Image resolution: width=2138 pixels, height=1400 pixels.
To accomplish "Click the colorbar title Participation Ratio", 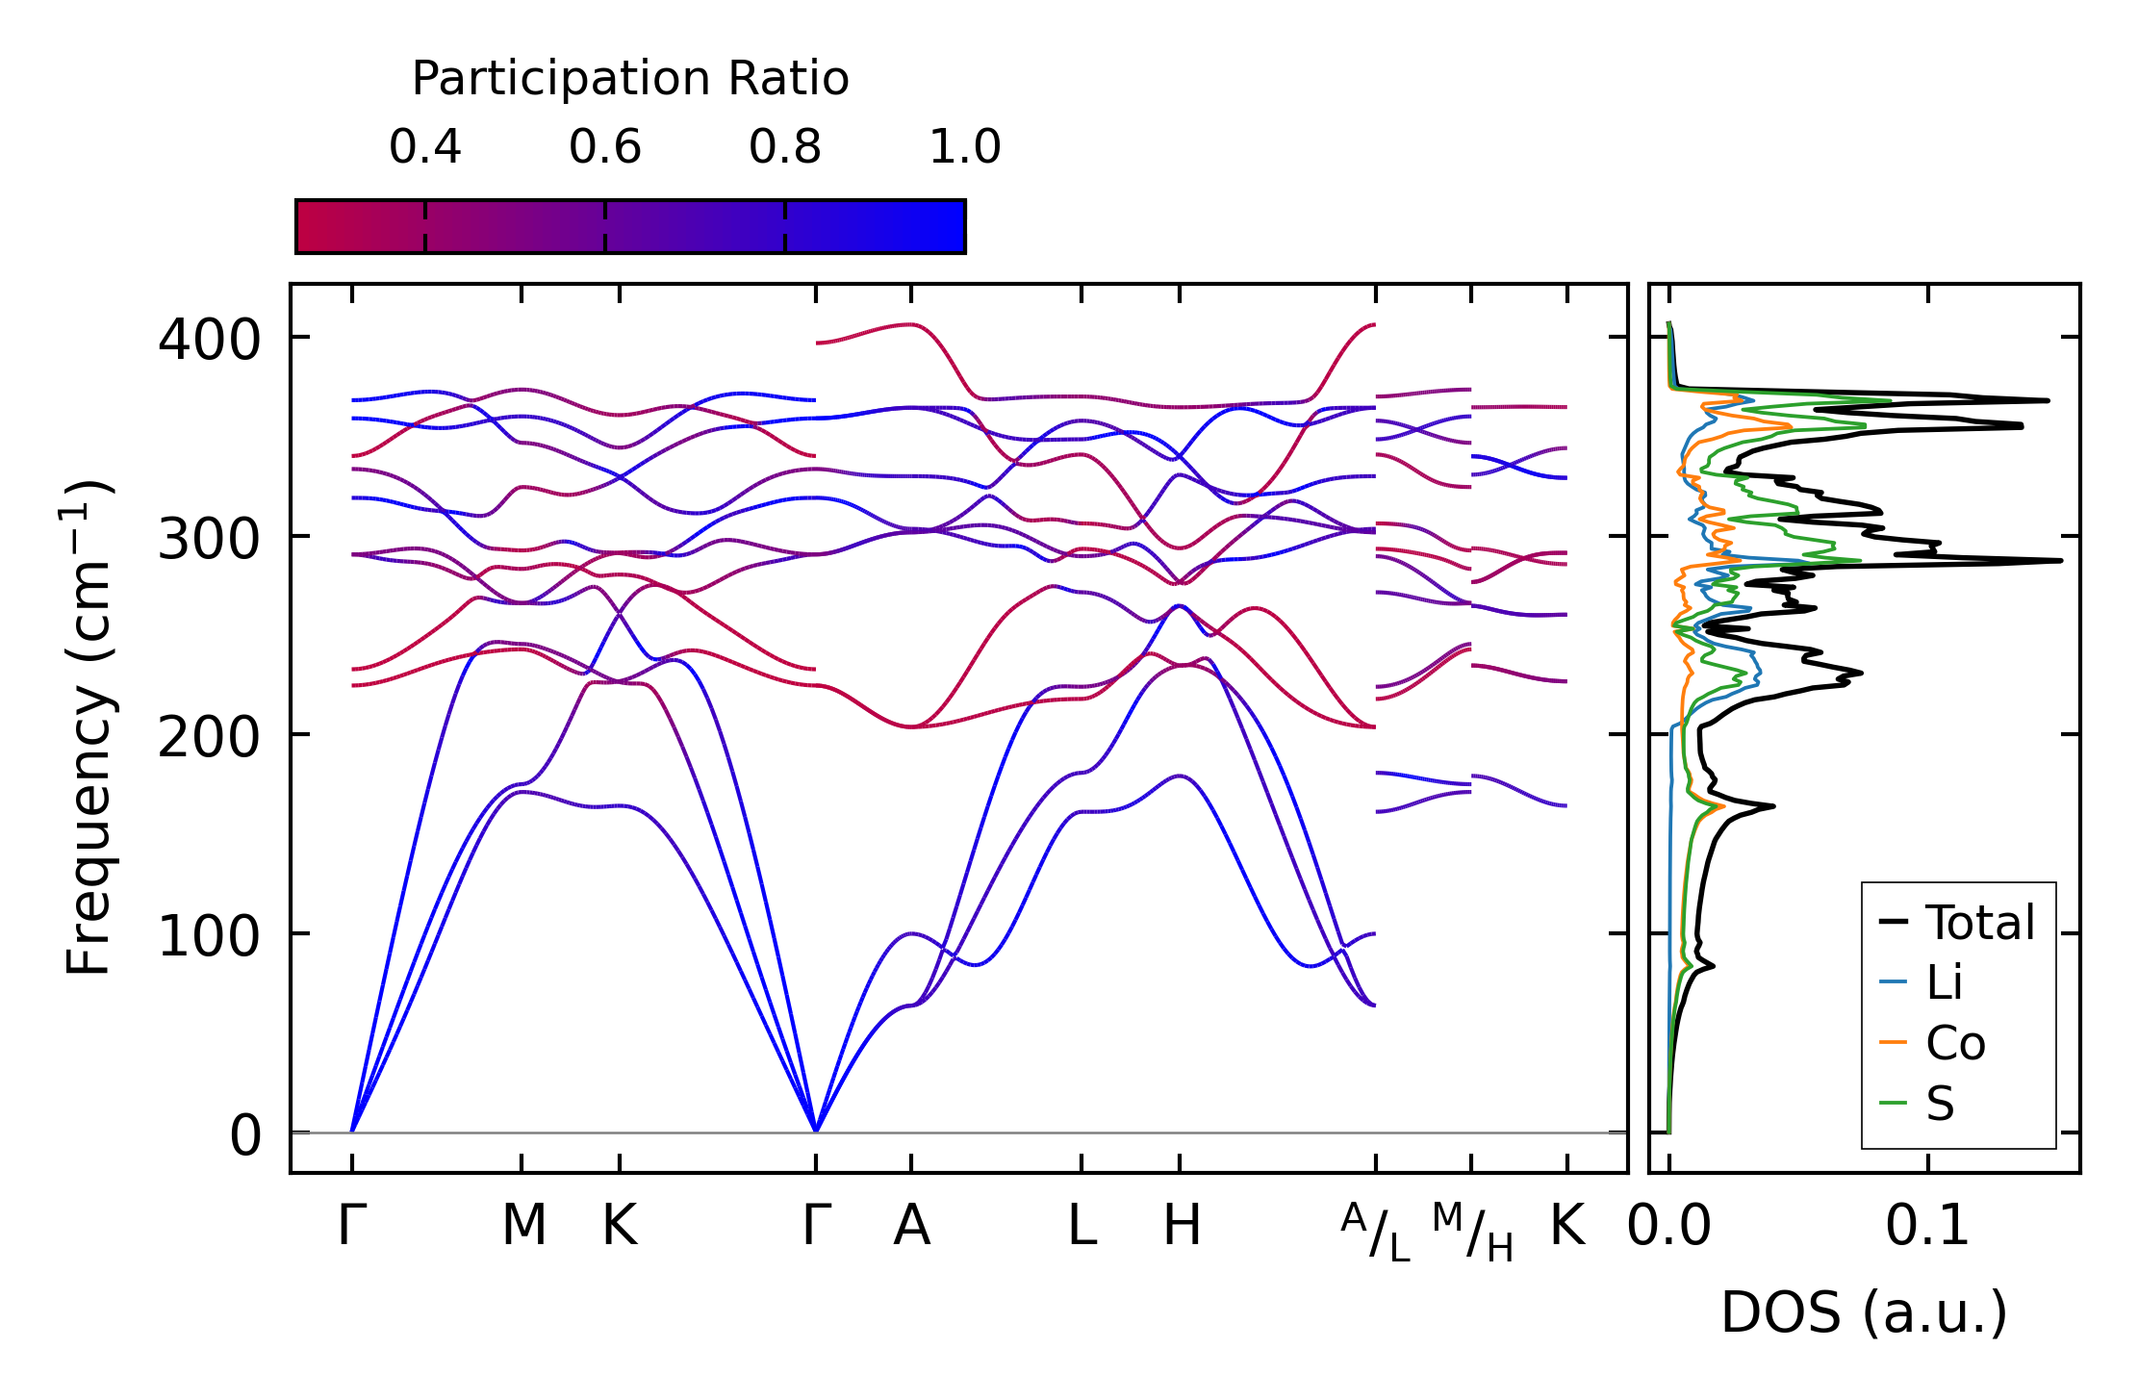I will click(x=630, y=79).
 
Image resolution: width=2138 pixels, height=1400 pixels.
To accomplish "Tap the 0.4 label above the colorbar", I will click(x=425, y=147).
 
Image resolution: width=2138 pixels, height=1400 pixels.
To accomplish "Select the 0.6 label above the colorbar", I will click(x=605, y=147).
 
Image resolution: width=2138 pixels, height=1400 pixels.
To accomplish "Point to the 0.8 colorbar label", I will click(x=785, y=147).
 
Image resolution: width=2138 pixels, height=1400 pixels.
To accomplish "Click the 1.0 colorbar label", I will click(x=965, y=147).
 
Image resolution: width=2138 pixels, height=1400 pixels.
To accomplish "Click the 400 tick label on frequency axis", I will click(x=209, y=341).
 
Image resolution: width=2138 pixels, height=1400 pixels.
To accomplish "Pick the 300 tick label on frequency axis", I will click(x=209, y=540).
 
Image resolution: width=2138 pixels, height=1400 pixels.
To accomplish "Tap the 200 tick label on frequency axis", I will click(x=209, y=739).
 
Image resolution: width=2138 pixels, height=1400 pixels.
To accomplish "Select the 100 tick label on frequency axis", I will click(x=209, y=937).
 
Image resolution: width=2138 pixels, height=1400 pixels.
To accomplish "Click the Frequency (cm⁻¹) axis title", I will click(x=89, y=727).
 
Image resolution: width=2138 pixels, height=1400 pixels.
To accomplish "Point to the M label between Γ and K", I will click(x=523, y=1226).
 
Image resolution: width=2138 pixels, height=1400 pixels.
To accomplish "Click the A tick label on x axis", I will click(x=911, y=1226).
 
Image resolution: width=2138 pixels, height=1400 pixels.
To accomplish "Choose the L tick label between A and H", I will click(x=1082, y=1226).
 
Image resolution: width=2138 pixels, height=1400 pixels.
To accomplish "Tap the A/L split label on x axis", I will click(x=1376, y=1232).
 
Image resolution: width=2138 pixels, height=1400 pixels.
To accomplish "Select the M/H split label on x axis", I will click(x=1472, y=1232).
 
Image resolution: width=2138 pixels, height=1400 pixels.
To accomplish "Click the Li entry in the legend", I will click(x=1944, y=982).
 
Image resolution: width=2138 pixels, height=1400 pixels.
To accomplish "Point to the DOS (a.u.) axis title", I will click(x=1864, y=1312).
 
